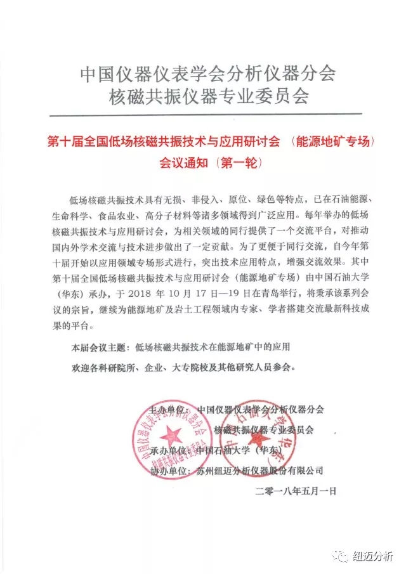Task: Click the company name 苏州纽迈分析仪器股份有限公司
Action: (260, 471)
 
